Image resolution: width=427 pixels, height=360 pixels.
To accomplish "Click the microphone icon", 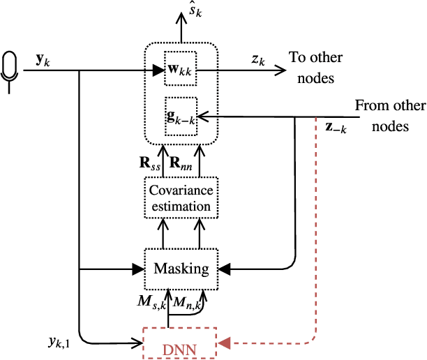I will tap(10, 68).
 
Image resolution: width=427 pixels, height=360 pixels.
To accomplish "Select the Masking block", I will tap(181, 269).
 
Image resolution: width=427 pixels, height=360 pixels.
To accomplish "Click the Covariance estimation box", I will tap(181, 197).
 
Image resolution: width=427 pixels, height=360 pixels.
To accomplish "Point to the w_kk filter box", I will tap(181, 70).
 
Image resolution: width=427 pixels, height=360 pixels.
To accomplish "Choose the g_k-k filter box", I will tap(181, 114).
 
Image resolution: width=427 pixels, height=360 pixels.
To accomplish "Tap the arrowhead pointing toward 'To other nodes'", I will tap(280, 70).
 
